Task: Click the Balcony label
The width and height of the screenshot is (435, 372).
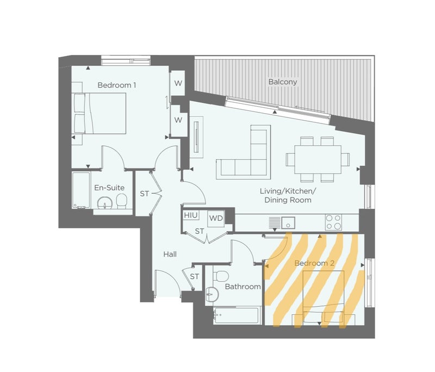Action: click(x=283, y=82)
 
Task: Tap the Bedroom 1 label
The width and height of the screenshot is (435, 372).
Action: click(x=117, y=85)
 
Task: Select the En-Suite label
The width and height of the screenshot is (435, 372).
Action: click(x=109, y=188)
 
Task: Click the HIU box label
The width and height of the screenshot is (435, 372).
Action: click(x=191, y=215)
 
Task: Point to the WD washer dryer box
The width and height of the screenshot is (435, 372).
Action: click(x=216, y=218)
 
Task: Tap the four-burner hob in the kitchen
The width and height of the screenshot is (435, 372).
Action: click(x=334, y=222)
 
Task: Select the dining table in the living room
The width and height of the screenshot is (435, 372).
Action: click(x=318, y=159)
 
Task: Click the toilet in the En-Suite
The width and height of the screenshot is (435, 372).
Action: click(x=121, y=201)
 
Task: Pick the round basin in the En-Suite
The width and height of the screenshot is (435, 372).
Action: click(x=105, y=203)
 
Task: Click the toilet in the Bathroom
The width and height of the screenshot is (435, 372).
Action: click(x=221, y=276)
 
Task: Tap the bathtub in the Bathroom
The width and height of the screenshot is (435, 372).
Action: click(x=237, y=315)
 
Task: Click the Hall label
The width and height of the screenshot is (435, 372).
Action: click(x=170, y=254)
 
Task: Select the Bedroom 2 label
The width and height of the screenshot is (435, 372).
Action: click(x=314, y=263)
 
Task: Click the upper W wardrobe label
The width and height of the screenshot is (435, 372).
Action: click(x=178, y=83)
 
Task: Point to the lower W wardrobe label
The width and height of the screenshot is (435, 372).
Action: click(x=178, y=120)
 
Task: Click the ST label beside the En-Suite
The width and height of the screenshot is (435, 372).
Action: click(x=145, y=194)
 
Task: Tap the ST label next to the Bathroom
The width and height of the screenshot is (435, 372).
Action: click(x=195, y=277)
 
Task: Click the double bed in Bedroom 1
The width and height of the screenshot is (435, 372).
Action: click(x=100, y=114)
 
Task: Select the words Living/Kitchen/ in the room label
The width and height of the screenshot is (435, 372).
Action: click(x=288, y=191)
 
